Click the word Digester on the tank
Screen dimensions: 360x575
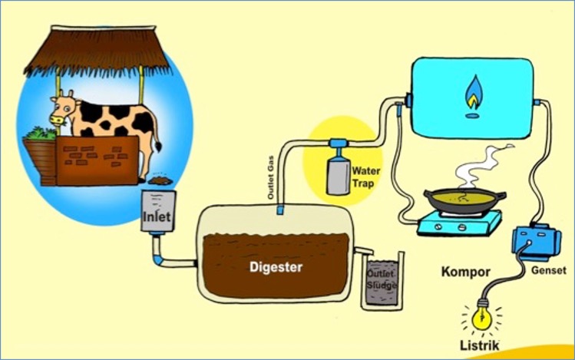click(276, 268)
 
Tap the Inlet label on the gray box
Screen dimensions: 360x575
click(156, 218)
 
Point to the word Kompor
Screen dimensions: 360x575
click(466, 272)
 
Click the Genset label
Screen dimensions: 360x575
click(548, 271)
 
